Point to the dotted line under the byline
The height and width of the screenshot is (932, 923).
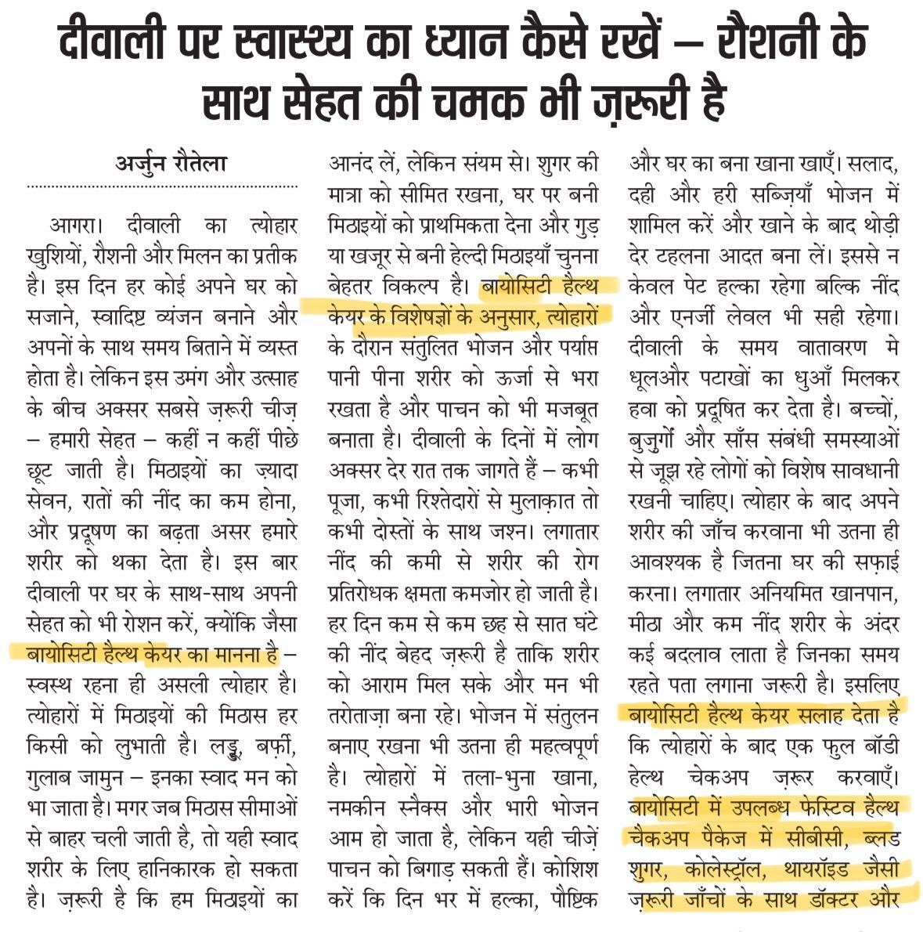(x=164, y=187)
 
